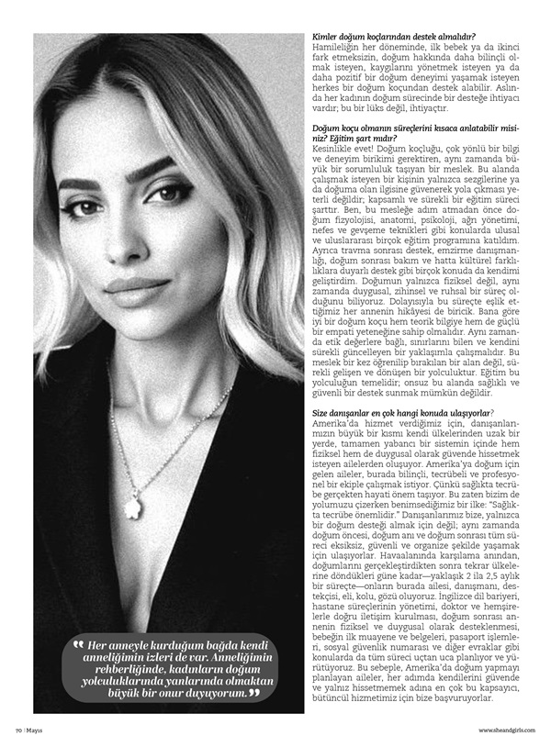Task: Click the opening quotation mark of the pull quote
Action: coord(78,647)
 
